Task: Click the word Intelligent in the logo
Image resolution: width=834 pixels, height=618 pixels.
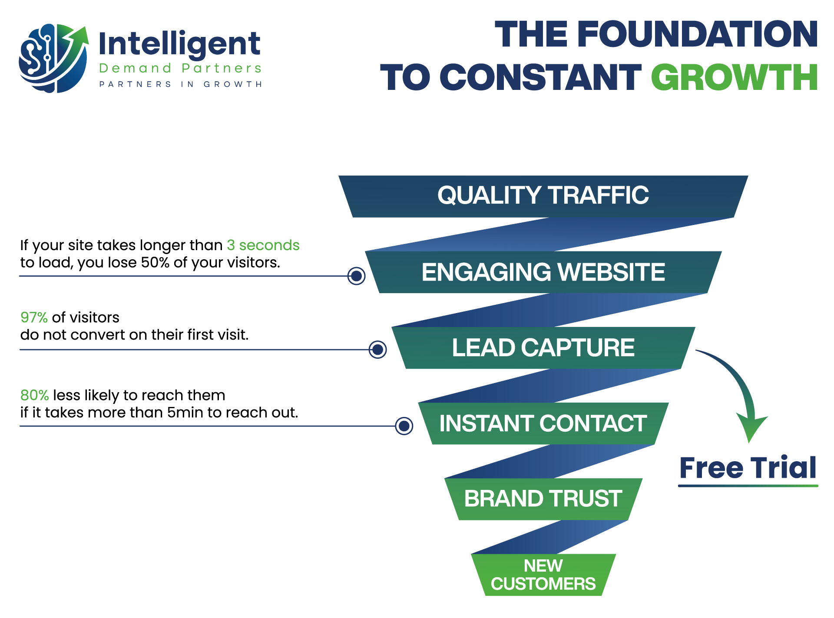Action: [179, 44]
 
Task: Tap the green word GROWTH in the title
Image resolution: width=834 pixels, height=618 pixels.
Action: [734, 77]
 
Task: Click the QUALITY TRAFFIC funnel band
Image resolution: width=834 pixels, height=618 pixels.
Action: [543, 195]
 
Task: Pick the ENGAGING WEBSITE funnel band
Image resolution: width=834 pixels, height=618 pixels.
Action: [543, 272]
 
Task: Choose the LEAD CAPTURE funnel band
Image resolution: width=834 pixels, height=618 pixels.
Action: [543, 348]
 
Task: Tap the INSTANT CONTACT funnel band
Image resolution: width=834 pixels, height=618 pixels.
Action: [543, 423]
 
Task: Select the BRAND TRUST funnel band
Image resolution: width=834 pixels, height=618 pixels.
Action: [543, 499]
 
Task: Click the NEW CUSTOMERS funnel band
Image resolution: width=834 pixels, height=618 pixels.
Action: [543, 575]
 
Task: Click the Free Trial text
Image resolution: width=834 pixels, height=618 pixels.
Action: [748, 468]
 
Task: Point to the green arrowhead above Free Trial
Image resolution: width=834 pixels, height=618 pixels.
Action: [751, 428]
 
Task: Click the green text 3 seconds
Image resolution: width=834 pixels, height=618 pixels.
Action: [263, 245]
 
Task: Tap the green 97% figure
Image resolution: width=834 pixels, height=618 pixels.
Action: [34, 317]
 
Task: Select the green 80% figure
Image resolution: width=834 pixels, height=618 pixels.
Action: [34, 395]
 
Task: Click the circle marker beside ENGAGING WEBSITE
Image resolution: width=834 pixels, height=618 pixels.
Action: [357, 276]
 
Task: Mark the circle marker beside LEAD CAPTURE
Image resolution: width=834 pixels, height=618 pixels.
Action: [378, 349]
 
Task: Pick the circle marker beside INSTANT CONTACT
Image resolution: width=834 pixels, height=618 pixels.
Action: [404, 426]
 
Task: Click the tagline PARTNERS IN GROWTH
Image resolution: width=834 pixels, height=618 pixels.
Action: [180, 84]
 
